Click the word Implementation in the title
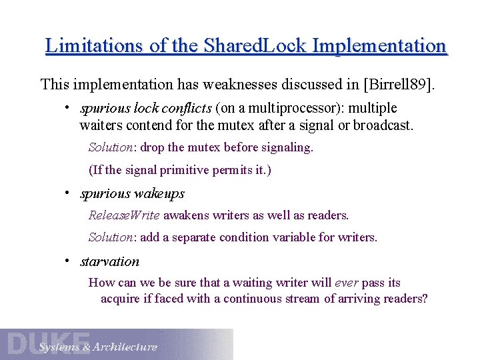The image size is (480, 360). click(379, 46)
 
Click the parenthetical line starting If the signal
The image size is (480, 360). click(180, 170)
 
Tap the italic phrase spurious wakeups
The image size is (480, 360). click(132, 194)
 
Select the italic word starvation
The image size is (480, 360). click(110, 261)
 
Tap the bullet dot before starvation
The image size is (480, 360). click(68, 261)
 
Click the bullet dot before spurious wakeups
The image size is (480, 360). click(68, 193)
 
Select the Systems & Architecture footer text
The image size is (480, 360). click(98, 347)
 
